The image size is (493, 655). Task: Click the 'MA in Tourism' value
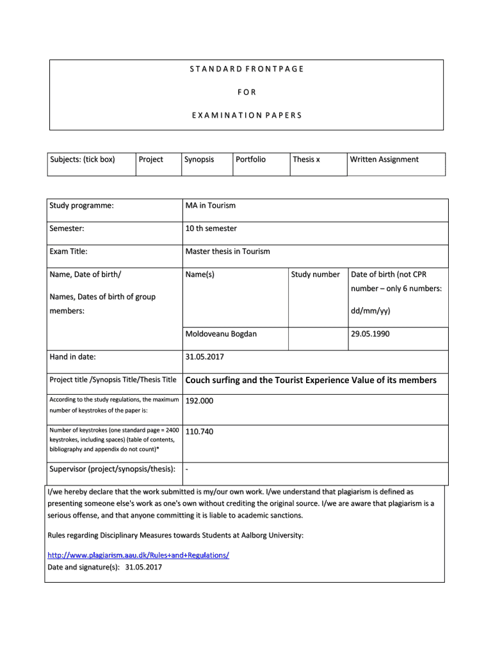click(x=211, y=205)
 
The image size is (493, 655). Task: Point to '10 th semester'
click(x=211, y=228)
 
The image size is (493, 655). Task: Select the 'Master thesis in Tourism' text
click(x=228, y=251)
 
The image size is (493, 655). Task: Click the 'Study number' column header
click(x=316, y=274)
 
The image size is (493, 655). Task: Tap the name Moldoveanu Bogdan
click(x=221, y=334)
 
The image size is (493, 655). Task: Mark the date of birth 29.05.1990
click(x=370, y=334)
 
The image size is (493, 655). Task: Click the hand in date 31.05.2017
click(x=204, y=357)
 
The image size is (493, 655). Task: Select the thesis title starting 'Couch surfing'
click(x=311, y=381)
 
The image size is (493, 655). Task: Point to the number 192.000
click(x=199, y=401)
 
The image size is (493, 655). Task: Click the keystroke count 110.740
click(x=199, y=432)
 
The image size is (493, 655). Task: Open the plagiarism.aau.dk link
click(x=138, y=555)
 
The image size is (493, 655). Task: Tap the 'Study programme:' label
click(x=82, y=205)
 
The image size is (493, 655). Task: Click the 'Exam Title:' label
click(x=69, y=251)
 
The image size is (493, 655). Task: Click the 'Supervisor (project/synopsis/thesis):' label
click(x=113, y=470)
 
